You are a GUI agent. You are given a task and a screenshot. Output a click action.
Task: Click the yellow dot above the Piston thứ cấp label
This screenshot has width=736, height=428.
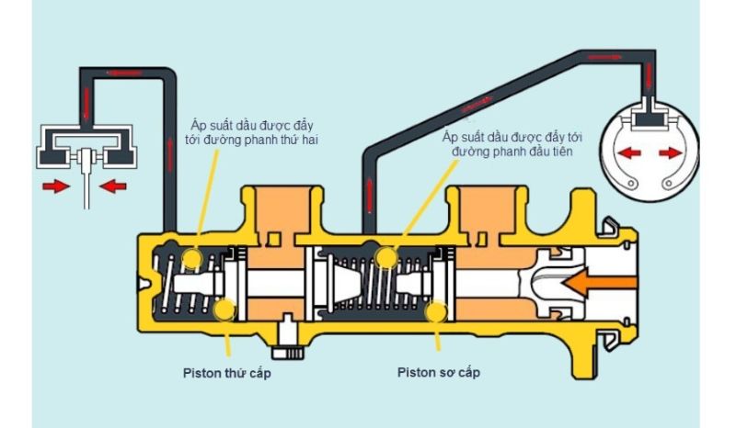[224, 310]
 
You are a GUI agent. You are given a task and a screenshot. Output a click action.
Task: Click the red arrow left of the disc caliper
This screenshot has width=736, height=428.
[56, 186]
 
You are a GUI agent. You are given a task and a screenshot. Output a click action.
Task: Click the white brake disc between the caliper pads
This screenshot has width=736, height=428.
[86, 179]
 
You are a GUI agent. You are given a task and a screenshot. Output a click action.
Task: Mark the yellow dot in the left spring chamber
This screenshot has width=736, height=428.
[191, 259]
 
